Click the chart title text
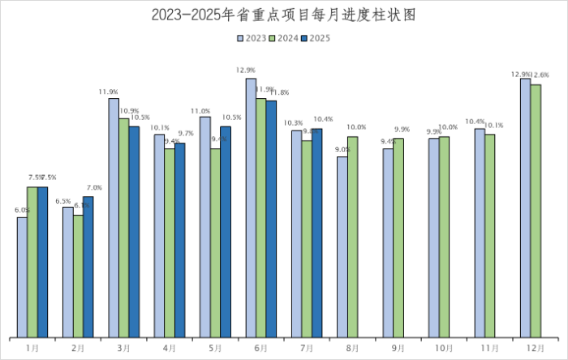[x=284, y=15]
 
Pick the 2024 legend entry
[x=282, y=37]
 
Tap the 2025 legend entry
[x=315, y=37]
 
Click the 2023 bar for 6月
[x=251, y=208]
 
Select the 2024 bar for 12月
[x=536, y=211]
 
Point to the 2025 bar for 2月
[x=88, y=267]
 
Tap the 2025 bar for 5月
[x=226, y=232]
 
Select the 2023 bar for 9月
[x=388, y=242]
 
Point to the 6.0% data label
[x=22, y=210]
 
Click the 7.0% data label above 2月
[x=93, y=189]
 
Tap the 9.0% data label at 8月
[x=342, y=149]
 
